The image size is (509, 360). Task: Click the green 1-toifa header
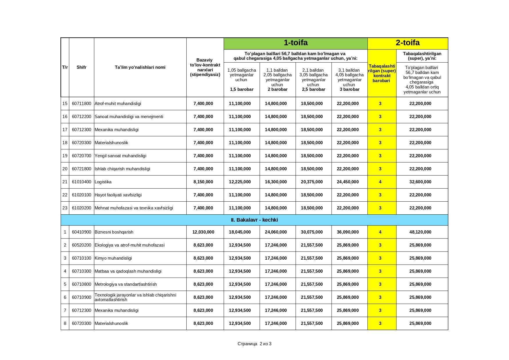point(295,43)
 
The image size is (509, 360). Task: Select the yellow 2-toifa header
point(407,43)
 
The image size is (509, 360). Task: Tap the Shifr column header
point(82,67)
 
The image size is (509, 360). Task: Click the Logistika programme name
point(103,182)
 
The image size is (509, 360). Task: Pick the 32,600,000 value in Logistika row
point(420,182)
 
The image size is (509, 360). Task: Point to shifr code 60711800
point(82,104)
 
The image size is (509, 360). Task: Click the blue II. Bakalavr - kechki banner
point(254,220)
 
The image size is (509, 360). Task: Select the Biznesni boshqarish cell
point(114,232)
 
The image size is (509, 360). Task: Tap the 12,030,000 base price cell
point(203,232)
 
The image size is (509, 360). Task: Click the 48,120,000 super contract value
point(420,232)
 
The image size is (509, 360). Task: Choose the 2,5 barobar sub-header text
point(313,89)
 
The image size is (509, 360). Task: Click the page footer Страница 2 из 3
point(255,344)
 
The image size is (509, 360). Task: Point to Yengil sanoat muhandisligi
point(120,156)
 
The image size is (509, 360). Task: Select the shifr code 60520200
point(82,245)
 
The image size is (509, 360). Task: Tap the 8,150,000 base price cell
point(203,182)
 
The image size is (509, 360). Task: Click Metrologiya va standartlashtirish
point(126,284)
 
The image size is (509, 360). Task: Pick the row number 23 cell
point(65,208)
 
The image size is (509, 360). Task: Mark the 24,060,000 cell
point(276,232)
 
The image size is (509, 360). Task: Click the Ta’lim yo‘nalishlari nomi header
point(140,67)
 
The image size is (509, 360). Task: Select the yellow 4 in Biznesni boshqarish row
point(380,232)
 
